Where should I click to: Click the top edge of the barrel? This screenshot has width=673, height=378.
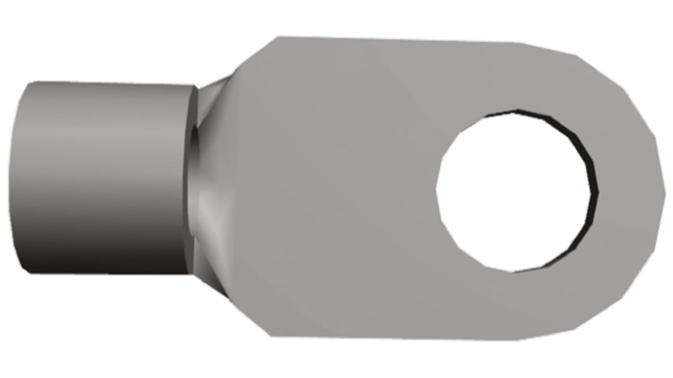coord(109,84)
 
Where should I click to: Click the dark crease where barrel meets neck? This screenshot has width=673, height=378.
coord(193,180)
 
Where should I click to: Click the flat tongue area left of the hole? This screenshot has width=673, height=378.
coord(341,189)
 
